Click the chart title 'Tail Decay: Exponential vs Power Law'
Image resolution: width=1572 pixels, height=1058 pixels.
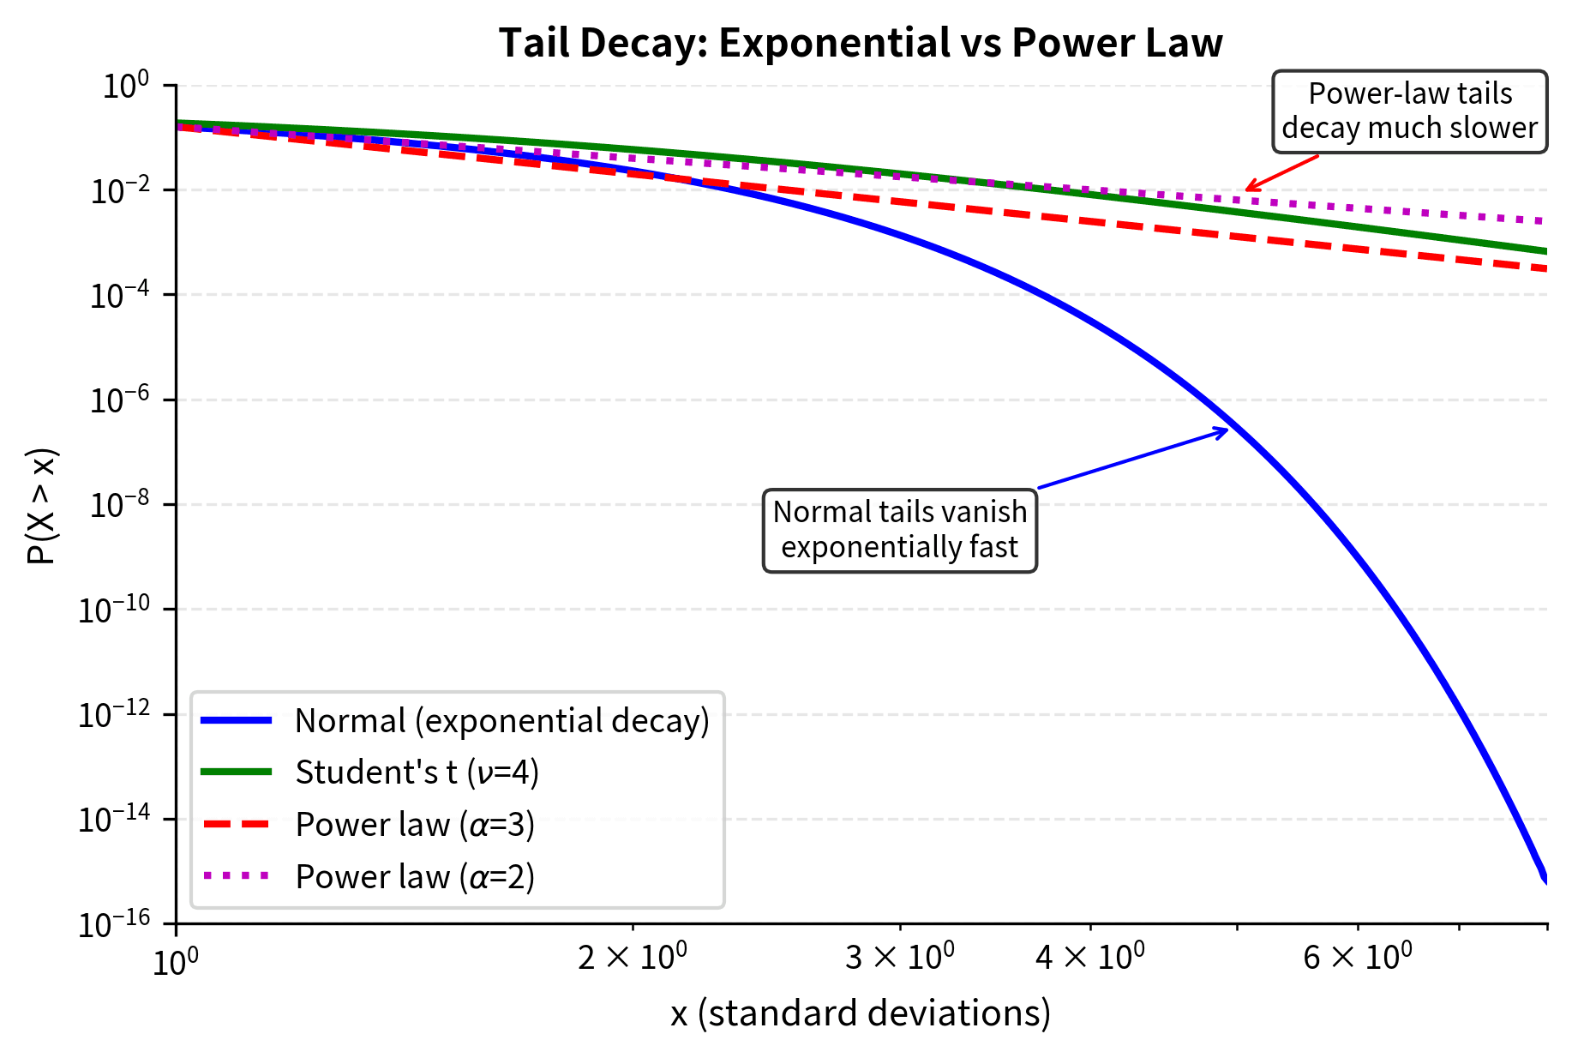coord(861,43)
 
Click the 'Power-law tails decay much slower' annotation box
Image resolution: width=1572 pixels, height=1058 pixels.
coord(1409,111)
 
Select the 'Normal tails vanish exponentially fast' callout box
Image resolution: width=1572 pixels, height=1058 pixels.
coord(899,530)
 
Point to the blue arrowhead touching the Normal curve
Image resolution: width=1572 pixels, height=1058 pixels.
coord(1225,430)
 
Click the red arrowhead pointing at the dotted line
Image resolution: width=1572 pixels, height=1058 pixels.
coord(1249,188)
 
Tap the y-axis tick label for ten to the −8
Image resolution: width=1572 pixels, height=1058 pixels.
coord(119,505)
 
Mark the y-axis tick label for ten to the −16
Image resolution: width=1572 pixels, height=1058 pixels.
coord(114,924)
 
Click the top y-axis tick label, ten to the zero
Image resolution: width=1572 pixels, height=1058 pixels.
coord(126,86)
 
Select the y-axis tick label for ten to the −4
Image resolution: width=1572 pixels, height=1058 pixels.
coord(119,296)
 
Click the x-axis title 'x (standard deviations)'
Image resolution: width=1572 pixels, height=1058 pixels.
coord(861,1013)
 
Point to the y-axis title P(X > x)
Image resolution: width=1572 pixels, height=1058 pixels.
coord(41,506)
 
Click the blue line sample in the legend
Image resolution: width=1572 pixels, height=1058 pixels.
coord(237,721)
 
